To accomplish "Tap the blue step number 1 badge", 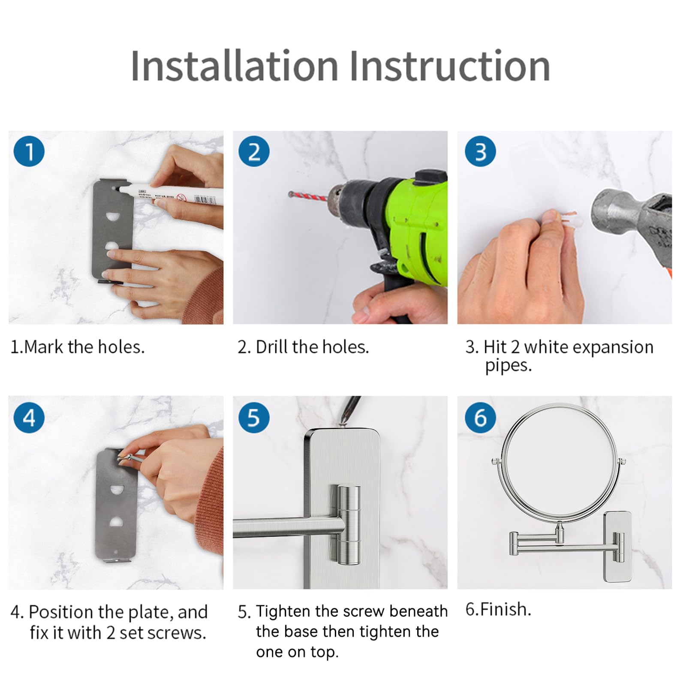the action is click(29, 151).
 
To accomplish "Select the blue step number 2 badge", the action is click(254, 151).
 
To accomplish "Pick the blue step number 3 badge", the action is click(480, 151).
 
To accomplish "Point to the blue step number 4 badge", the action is click(29, 417).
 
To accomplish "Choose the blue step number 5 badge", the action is click(254, 417).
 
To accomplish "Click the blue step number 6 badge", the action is click(480, 417).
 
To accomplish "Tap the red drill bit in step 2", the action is click(310, 197).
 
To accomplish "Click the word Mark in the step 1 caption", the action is click(44, 347).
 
